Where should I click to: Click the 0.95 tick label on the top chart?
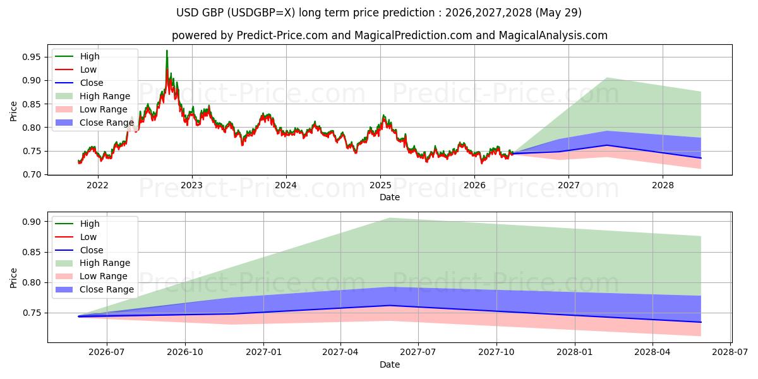click(31, 57)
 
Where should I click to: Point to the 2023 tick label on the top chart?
click(192, 186)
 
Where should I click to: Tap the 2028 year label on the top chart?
click(663, 186)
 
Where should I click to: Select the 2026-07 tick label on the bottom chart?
click(107, 352)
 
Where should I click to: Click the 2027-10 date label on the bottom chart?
click(496, 352)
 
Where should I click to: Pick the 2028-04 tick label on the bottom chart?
click(653, 352)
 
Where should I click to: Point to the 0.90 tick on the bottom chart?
click(31, 222)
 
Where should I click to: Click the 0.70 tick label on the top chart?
click(31, 174)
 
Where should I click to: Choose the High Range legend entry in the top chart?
click(92, 96)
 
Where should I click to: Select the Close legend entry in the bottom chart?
click(79, 250)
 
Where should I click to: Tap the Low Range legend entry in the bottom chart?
click(91, 276)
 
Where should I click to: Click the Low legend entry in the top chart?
click(76, 69)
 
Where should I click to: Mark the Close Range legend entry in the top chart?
click(94, 123)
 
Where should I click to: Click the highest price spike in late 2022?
click(167, 51)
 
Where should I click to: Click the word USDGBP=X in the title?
click(259, 13)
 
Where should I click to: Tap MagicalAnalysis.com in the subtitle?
click(553, 35)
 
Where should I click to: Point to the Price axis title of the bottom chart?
click(13, 278)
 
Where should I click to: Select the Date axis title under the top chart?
click(390, 197)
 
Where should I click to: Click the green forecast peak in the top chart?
click(606, 78)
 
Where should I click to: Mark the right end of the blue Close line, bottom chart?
click(701, 322)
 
